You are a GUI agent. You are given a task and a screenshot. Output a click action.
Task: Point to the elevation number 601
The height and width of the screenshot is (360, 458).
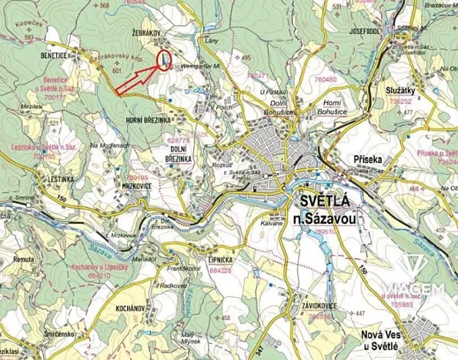pos(118,71)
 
